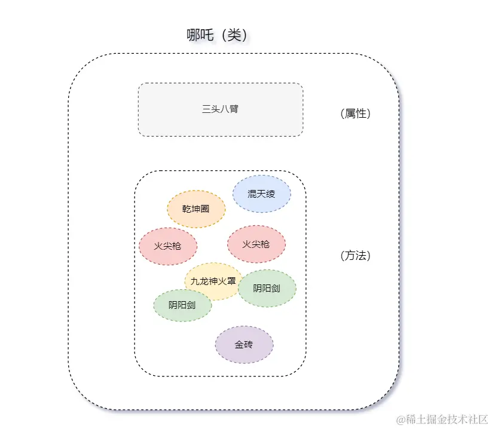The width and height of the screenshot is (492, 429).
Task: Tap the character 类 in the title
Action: click(x=233, y=35)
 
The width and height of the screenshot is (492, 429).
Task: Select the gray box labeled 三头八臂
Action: click(x=221, y=109)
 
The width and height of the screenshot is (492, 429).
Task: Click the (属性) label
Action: click(x=355, y=114)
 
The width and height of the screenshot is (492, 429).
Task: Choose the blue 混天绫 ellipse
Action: click(x=261, y=194)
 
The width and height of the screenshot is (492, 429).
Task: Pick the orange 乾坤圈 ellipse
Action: click(x=196, y=209)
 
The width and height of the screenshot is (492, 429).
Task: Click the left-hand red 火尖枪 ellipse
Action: click(x=168, y=246)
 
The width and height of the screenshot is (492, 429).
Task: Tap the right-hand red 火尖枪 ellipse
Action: click(x=256, y=244)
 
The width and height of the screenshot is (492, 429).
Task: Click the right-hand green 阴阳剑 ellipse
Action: click(x=267, y=288)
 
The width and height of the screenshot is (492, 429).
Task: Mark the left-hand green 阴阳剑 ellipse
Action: click(x=182, y=305)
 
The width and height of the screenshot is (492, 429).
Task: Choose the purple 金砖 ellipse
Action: click(x=244, y=345)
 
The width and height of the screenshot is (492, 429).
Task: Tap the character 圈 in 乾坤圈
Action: click(x=204, y=209)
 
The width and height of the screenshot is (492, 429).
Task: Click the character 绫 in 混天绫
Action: click(x=270, y=194)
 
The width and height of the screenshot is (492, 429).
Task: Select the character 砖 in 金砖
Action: click(x=249, y=345)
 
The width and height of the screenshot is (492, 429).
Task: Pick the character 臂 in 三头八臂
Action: click(x=234, y=109)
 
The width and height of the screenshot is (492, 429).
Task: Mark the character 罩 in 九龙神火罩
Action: click(x=230, y=281)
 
